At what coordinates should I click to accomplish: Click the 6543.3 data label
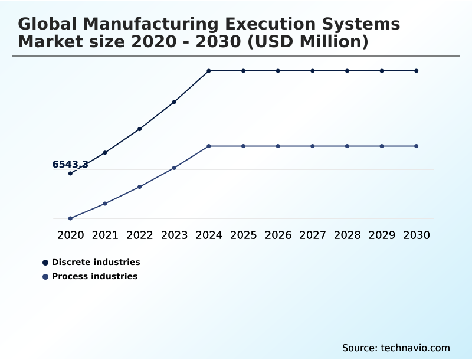[70, 165]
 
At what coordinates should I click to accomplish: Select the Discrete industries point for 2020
[70, 174]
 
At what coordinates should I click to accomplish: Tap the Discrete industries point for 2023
[174, 102]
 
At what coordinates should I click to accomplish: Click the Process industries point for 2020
[70, 218]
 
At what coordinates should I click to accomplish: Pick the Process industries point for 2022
[140, 187]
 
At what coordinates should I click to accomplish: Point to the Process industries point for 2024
[209, 146]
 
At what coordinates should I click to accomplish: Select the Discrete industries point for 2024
[209, 71]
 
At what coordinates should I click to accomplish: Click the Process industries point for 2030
[417, 146]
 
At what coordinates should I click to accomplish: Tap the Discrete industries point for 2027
[313, 71]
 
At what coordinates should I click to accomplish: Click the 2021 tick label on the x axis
[105, 235]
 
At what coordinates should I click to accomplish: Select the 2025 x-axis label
[243, 235]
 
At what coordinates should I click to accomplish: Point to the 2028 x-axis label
[347, 235]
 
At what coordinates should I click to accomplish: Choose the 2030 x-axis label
[417, 235]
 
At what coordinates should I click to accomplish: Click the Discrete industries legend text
[96, 262]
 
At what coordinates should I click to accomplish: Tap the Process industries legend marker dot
[45, 277]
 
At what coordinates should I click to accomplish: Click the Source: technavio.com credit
[396, 348]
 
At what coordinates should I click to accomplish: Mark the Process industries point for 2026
[278, 146]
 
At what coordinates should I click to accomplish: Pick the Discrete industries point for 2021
[105, 153]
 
